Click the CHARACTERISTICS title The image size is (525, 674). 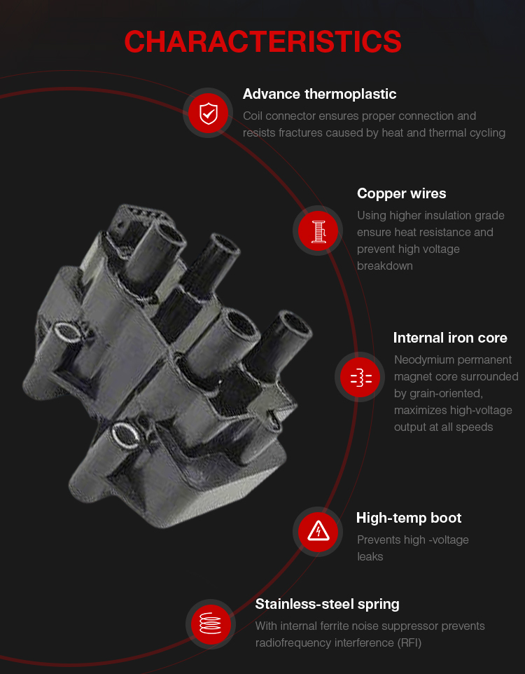[x=262, y=42]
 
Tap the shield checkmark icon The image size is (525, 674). [x=209, y=114]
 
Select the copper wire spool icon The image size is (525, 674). [x=318, y=231]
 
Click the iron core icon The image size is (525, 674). [x=361, y=378]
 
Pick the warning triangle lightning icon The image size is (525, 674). [x=318, y=531]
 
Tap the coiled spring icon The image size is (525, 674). [x=211, y=624]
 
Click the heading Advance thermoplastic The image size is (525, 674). [x=320, y=94]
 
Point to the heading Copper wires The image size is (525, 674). [x=402, y=194]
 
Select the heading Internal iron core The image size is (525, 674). [x=450, y=338]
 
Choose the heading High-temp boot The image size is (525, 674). [x=409, y=518]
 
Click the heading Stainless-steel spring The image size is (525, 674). [x=328, y=605]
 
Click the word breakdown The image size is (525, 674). [x=385, y=266]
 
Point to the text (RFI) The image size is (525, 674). [x=409, y=643]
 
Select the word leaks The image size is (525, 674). [x=370, y=557]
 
